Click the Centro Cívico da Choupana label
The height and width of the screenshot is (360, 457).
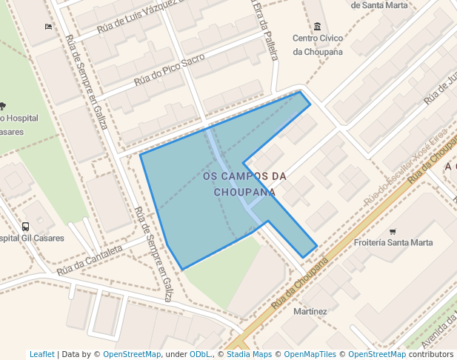317,44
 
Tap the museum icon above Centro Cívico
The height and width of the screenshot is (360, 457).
317,27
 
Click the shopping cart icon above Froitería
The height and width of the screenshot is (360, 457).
393,231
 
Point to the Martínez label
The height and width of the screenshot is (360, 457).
310,311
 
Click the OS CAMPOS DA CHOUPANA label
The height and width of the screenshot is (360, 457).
244,184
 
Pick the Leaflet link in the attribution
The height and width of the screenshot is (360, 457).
41,355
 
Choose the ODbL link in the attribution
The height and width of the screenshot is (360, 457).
200,355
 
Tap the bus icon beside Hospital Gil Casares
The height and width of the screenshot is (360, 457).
26,227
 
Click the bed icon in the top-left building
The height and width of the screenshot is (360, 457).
49,27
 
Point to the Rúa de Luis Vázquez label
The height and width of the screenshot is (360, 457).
141,18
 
